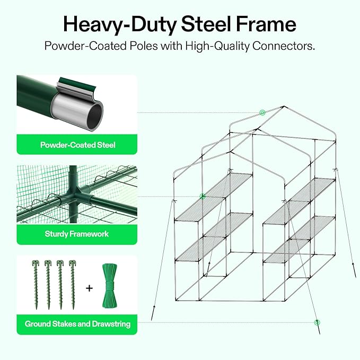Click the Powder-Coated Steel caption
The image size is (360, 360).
click(77, 145)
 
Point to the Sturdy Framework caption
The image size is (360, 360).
click(77, 234)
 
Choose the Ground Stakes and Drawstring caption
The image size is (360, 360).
click(77, 323)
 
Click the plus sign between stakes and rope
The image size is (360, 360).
click(89, 288)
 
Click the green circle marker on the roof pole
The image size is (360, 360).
click(262, 112)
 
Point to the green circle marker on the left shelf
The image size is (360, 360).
click(202, 196)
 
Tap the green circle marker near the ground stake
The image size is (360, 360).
click(317, 322)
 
